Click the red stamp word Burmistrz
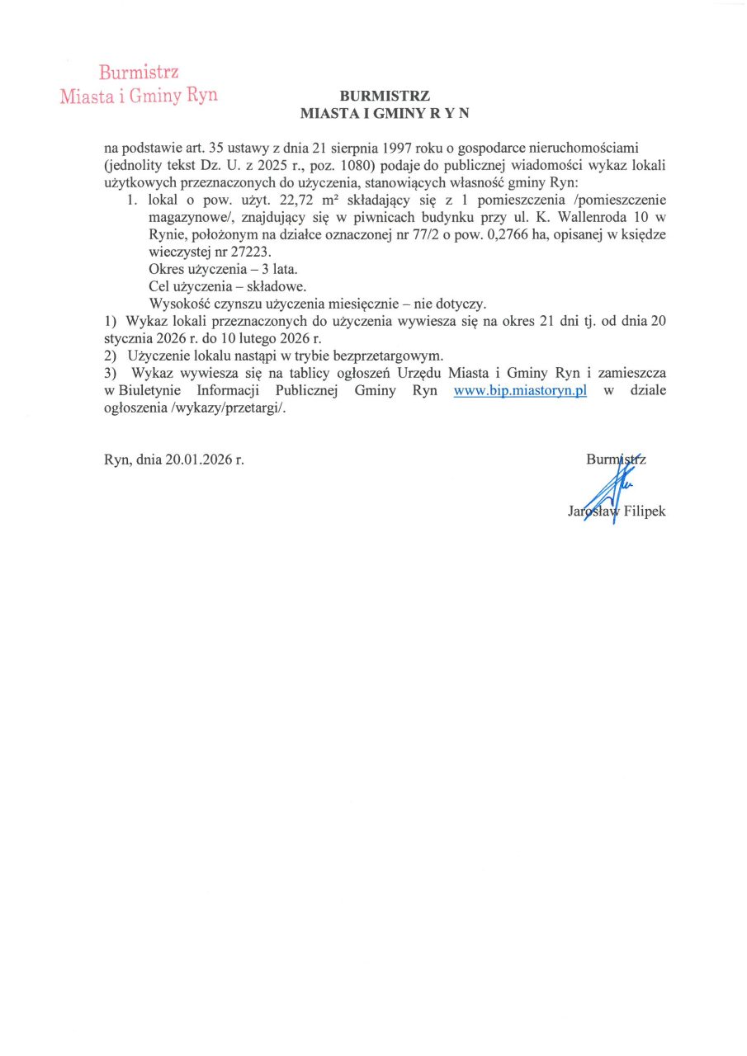pyautogui.click(x=139, y=73)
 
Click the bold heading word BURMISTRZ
pyautogui.click(x=385, y=95)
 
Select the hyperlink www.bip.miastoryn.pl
pyautogui.click(x=520, y=391)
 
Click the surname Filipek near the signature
pyautogui.click(x=645, y=511)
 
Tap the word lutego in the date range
pyautogui.click(x=239, y=337)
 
